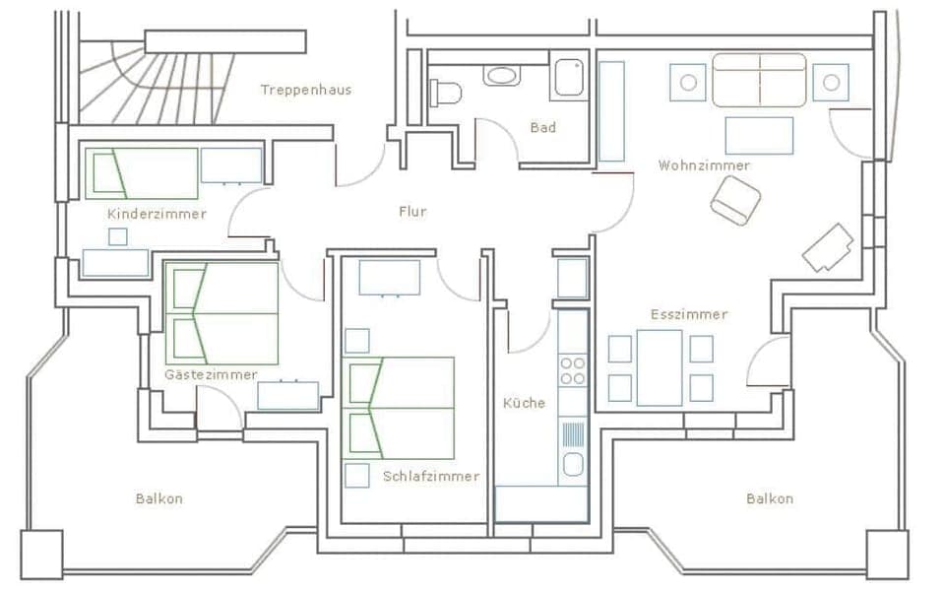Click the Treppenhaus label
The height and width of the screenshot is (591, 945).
click(305, 90)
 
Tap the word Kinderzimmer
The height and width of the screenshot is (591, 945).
click(157, 213)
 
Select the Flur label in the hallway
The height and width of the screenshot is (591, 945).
click(412, 211)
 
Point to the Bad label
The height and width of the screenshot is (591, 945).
click(542, 128)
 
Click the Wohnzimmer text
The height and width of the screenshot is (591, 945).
click(704, 165)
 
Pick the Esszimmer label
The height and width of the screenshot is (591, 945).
click(689, 314)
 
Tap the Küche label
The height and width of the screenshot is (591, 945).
click(524, 402)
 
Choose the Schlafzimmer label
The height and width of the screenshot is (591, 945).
click(431, 476)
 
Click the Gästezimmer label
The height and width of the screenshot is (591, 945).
click(211, 374)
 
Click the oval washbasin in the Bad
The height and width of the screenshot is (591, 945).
click(502, 75)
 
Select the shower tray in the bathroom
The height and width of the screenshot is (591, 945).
click(569, 78)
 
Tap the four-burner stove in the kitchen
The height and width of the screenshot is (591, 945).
click(572, 371)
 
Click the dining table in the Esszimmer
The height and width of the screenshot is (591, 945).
click(659, 367)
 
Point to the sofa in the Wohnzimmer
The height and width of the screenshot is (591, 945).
click(759, 81)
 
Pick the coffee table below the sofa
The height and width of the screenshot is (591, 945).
click(759, 136)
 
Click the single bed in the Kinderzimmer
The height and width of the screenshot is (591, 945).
click(143, 173)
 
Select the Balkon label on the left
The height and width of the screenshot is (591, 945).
click(159, 498)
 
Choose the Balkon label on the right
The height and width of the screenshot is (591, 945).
click(769, 498)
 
